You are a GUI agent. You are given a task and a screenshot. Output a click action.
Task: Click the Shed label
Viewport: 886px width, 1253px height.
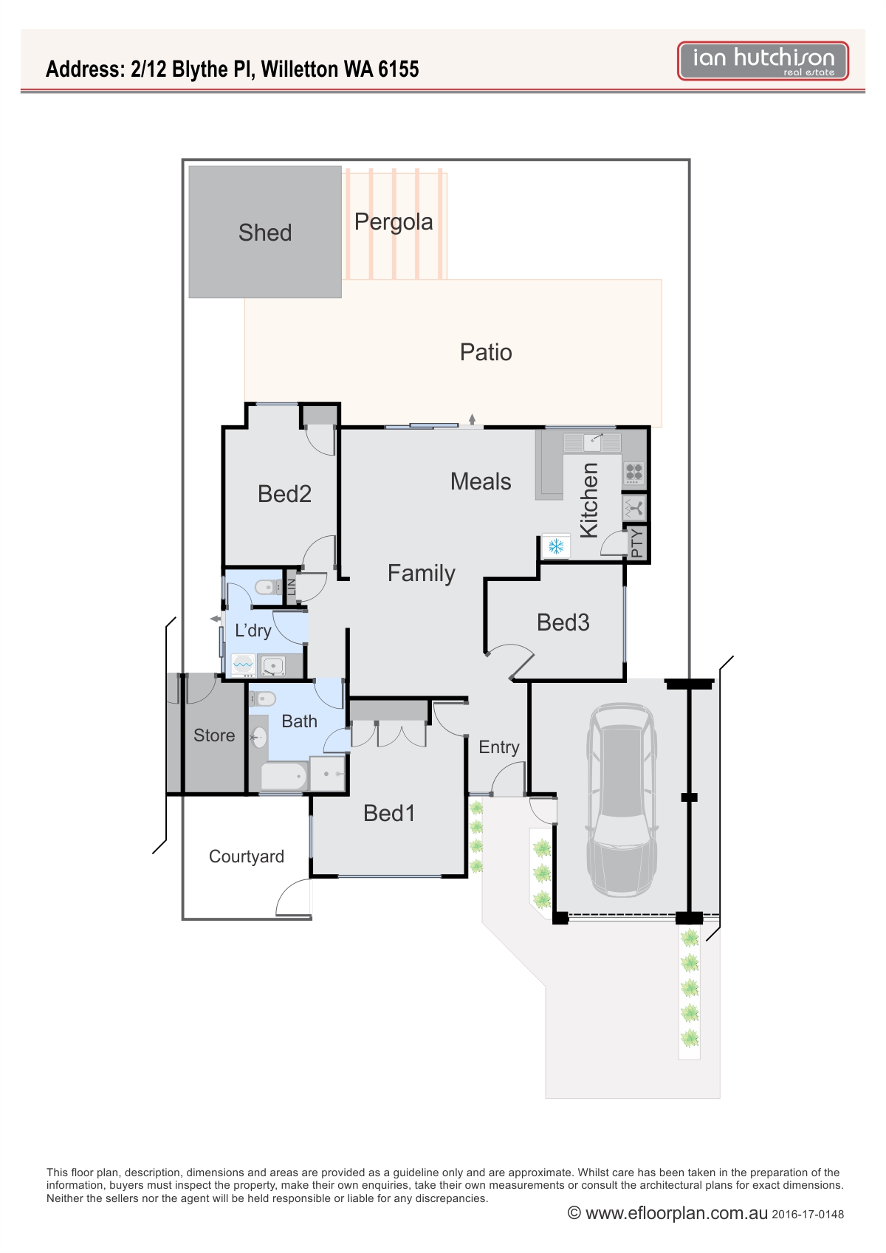point(265,233)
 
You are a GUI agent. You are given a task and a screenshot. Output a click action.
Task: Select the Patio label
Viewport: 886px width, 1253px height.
point(486,352)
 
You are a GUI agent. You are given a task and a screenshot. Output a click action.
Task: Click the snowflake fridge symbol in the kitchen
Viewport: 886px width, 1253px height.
point(556,546)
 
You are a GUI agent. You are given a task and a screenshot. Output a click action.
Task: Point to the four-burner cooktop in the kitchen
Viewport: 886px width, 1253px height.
point(633,473)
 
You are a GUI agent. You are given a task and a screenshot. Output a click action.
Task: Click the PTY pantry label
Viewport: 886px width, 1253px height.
point(636,542)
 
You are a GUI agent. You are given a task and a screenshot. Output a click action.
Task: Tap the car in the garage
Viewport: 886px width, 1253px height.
point(621,800)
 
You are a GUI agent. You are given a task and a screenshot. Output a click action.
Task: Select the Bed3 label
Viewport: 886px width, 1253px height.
point(563,622)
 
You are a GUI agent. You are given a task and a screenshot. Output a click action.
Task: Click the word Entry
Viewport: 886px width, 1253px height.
point(498,747)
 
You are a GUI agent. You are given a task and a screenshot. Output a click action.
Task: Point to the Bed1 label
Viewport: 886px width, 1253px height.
point(389,814)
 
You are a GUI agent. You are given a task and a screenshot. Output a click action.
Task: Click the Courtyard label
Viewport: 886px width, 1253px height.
point(246,856)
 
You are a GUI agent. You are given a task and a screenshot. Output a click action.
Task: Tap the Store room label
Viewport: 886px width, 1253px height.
point(213,735)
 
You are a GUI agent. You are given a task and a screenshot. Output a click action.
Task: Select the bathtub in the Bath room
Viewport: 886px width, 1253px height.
point(284,777)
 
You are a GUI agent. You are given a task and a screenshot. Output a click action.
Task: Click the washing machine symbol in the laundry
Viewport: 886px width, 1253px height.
point(243,665)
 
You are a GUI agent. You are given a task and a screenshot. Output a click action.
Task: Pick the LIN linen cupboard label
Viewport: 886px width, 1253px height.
point(291,587)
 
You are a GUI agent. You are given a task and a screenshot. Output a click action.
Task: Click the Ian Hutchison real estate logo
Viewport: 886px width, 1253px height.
point(763,61)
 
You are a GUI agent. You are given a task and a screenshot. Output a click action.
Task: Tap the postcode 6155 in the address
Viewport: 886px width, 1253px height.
point(398,69)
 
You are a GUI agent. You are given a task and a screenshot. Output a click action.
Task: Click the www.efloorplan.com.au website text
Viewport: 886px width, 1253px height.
point(676,1213)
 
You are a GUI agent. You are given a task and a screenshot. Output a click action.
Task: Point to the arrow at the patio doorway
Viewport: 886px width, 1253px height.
point(472,419)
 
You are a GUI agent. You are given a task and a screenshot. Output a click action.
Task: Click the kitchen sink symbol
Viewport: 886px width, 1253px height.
point(593,442)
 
